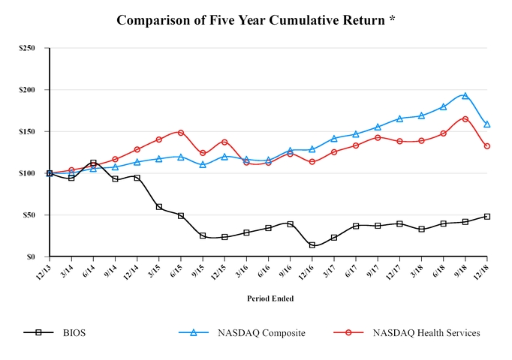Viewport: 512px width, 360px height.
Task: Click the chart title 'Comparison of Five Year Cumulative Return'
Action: click(256, 20)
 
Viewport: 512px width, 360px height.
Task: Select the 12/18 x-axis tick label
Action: click(483, 271)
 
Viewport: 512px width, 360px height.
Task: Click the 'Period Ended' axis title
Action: click(270, 298)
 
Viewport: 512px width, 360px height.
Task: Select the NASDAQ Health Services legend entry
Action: click(405, 332)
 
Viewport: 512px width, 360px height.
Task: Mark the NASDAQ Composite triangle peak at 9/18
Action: click(465, 95)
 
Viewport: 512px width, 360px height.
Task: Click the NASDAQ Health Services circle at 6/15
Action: click(181, 133)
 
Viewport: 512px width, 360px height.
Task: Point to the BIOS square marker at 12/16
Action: click(312, 245)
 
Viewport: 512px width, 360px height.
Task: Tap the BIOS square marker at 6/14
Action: click(93, 163)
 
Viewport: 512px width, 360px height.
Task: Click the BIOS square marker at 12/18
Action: click(487, 216)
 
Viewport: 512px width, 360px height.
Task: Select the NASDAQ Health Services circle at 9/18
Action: click(465, 119)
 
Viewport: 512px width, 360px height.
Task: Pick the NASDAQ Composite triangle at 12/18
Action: click(487, 124)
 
